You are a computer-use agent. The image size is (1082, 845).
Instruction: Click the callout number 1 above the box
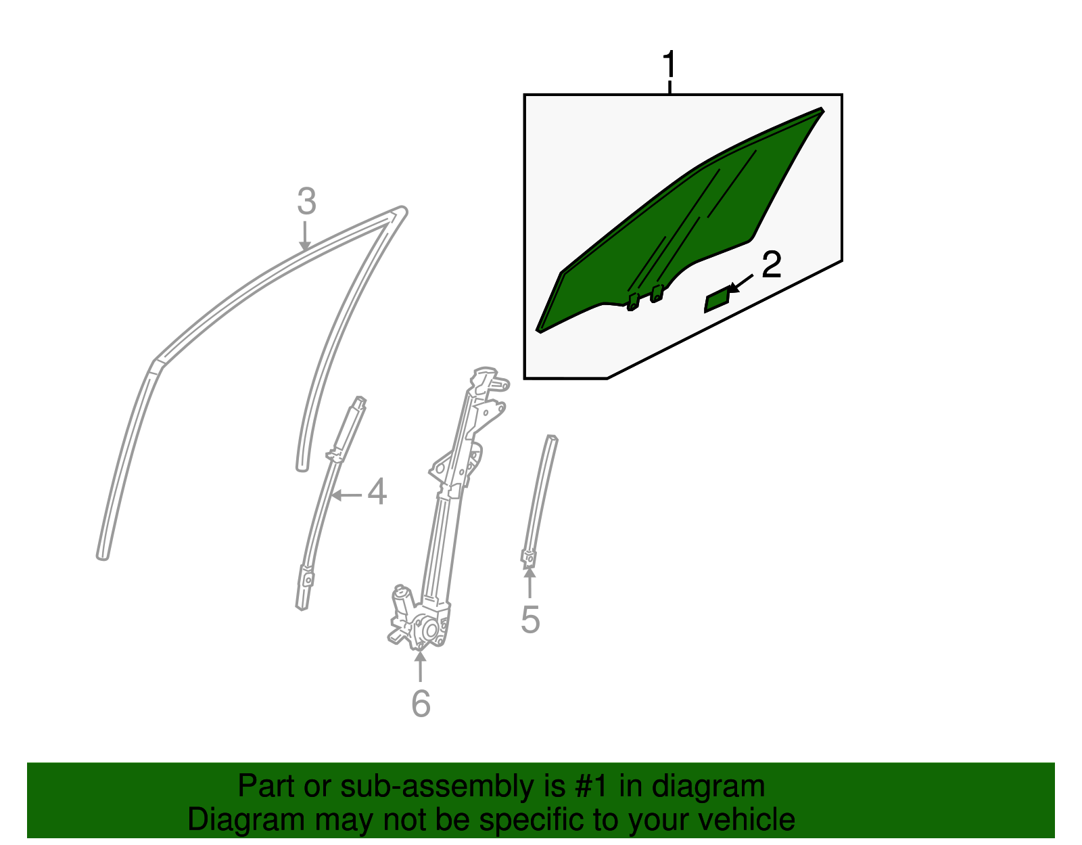tap(669, 66)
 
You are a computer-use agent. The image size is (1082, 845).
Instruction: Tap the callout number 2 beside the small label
tap(771, 265)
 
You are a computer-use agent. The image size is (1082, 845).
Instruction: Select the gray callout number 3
tap(306, 202)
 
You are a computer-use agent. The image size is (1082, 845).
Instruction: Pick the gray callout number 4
tap(377, 493)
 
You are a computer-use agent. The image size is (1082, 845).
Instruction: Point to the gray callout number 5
tap(530, 620)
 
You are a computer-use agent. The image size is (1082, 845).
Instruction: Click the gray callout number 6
tap(421, 704)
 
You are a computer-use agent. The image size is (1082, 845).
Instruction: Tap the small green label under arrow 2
tap(716, 301)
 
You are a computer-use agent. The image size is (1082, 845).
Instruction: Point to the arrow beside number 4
tap(347, 495)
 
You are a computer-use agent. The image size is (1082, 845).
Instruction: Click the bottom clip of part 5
tap(528, 558)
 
